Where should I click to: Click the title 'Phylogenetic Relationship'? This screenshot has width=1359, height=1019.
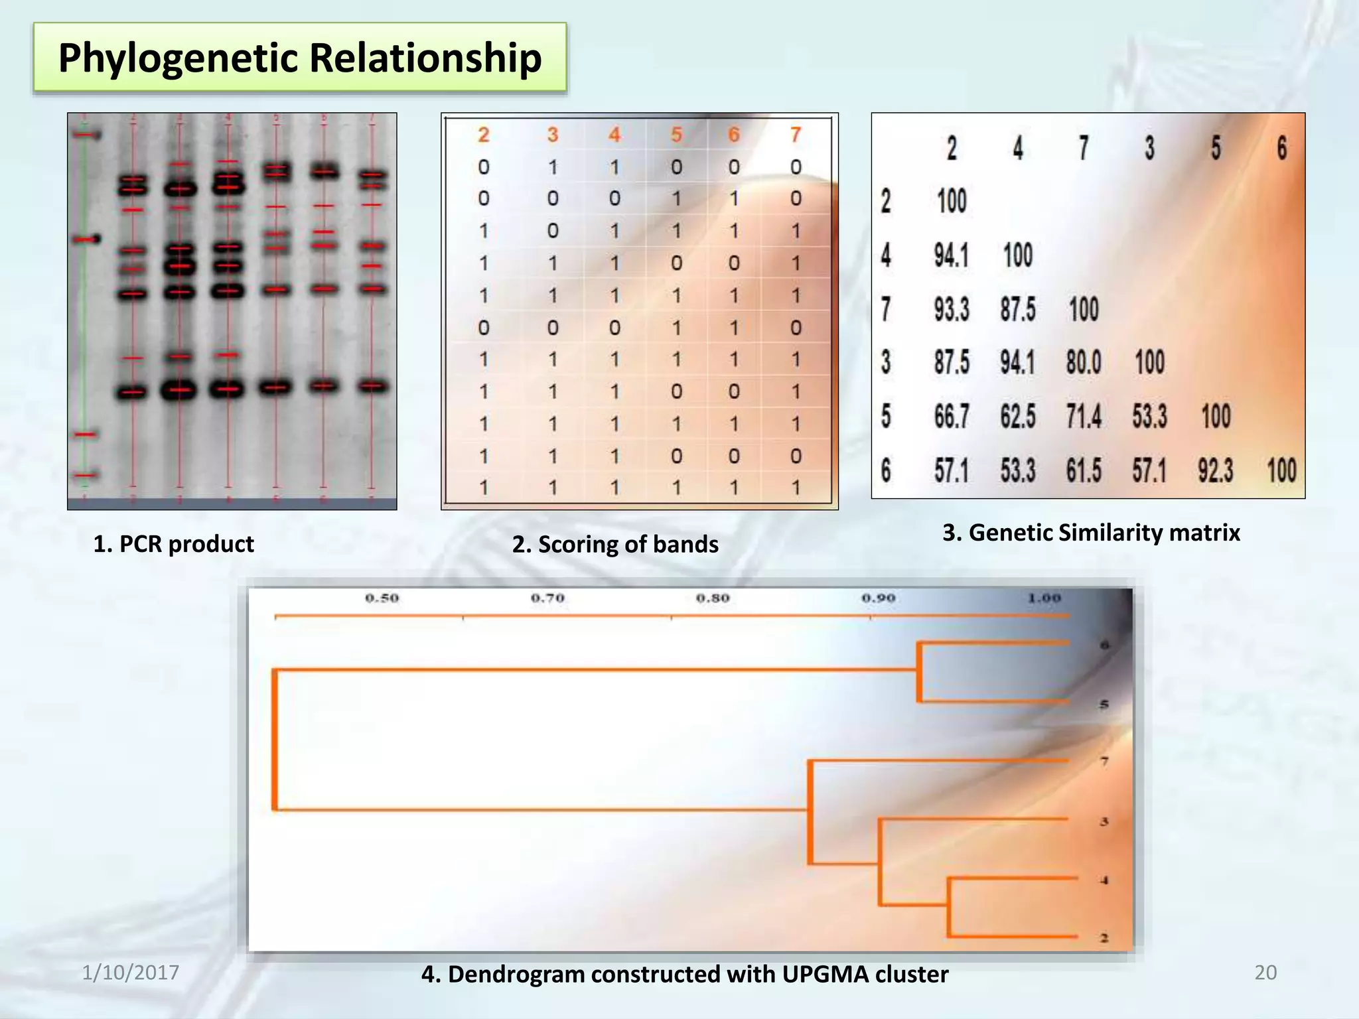(300, 58)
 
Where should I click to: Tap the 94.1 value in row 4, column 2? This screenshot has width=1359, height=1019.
(952, 255)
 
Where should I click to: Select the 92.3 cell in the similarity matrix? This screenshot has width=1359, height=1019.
(1215, 470)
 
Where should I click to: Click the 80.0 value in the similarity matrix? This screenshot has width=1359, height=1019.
(1084, 363)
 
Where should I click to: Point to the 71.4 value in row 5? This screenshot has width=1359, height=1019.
(1084, 417)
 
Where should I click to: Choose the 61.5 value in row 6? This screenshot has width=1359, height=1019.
(1084, 470)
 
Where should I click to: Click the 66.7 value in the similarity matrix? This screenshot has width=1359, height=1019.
(952, 417)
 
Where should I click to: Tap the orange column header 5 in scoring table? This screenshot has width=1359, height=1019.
(676, 135)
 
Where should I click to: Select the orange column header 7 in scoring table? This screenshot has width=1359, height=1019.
(796, 135)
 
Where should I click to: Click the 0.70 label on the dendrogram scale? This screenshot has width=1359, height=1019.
(547, 598)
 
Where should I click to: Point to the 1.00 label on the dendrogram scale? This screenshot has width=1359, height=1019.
(1044, 598)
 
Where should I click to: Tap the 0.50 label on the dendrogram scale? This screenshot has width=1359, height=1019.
(382, 598)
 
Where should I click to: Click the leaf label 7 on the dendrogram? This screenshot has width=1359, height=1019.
(1104, 762)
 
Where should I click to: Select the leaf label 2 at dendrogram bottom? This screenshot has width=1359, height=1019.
(1104, 938)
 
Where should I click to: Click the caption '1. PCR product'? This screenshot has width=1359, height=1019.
(173, 544)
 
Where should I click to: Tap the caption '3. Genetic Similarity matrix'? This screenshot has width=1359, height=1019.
(1091, 533)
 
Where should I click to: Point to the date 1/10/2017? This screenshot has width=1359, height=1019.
(130, 973)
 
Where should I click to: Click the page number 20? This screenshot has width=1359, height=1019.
(1265, 973)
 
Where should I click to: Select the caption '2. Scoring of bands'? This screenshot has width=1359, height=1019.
(615, 544)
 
